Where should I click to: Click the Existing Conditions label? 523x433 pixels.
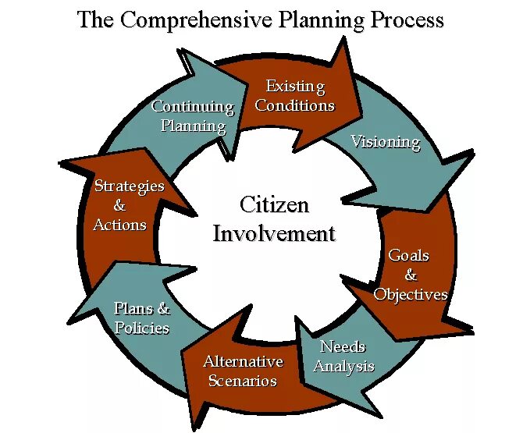[295, 96]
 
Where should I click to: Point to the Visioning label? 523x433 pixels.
[385, 142]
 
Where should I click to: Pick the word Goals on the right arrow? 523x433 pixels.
[409, 256]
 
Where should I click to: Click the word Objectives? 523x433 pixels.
[411, 294]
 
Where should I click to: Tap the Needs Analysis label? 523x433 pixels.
[343, 356]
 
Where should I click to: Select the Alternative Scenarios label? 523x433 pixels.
[243, 371]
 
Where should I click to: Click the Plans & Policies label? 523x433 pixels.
[142, 318]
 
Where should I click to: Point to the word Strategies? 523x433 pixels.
[130, 186]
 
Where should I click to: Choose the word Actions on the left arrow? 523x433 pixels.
[119, 225]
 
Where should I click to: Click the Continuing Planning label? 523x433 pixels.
[193, 115]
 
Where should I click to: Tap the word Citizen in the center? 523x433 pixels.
[274, 205]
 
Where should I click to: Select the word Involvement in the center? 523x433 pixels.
[274, 232]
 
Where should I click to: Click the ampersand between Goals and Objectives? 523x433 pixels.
[411, 275]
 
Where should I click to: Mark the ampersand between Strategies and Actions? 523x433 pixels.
[119, 205]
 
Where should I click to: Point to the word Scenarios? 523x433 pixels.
[243, 382]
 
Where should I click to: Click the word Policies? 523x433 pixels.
[142, 328]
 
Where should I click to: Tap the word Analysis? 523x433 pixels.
[344, 366]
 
